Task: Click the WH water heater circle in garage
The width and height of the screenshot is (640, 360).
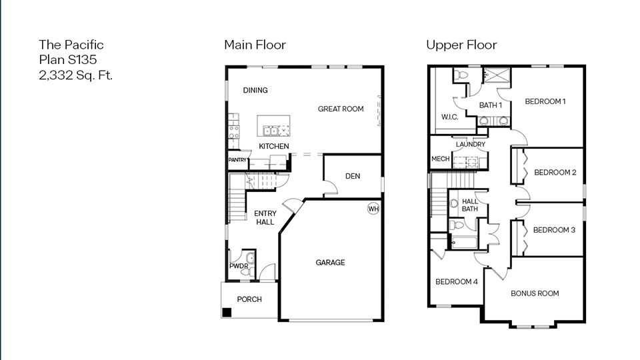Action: pyautogui.click(x=373, y=209)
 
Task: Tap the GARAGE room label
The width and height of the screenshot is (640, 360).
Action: pyautogui.click(x=330, y=263)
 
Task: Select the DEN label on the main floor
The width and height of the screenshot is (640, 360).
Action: pyautogui.click(x=353, y=176)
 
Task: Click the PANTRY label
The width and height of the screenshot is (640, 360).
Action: pyautogui.click(x=238, y=161)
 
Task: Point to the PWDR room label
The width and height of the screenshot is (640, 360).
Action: pyautogui.click(x=239, y=266)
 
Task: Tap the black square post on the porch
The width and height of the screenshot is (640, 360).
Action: pyautogui.click(x=227, y=312)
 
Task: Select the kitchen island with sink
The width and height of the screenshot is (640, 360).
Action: pyautogui.click(x=274, y=126)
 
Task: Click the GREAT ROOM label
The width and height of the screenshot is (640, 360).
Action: pyautogui.click(x=341, y=109)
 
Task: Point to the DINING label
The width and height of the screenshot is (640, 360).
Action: pyautogui.click(x=255, y=91)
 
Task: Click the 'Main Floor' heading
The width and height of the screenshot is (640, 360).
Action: pyautogui.click(x=255, y=45)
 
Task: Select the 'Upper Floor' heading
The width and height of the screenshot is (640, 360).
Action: pyautogui.click(x=461, y=45)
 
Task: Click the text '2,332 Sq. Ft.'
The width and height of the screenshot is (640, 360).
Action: pyautogui.click(x=75, y=75)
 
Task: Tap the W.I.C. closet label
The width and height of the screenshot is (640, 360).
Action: pyautogui.click(x=449, y=117)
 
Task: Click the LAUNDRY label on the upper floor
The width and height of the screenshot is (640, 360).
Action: pyautogui.click(x=470, y=144)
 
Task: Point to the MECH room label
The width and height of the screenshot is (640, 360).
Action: pyautogui.click(x=440, y=159)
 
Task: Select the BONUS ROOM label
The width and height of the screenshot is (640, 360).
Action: pyautogui.click(x=535, y=293)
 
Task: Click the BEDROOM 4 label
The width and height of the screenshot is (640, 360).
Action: pyautogui.click(x=456, y=281)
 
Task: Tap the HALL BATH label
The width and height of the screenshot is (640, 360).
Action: pyautogui.click(x=470, y=205)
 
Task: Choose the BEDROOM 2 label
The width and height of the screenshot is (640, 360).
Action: pyautogui.click(x=555, y=173)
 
